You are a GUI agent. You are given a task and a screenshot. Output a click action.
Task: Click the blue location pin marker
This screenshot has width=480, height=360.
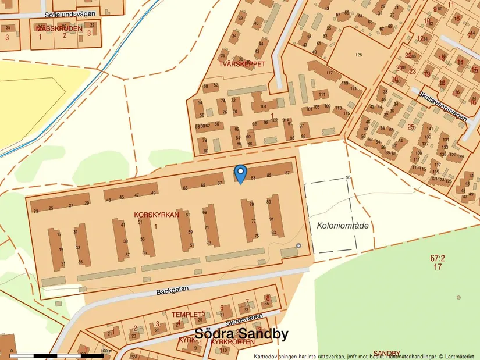click(x=240, y=173)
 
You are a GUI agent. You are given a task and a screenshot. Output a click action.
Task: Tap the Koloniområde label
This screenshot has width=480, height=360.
click(x=343, y=225)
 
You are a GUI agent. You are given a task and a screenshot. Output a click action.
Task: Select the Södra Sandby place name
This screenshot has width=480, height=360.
click(x=241, y=334)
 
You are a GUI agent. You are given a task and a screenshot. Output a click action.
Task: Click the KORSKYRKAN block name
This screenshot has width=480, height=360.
click(x=156, y=215)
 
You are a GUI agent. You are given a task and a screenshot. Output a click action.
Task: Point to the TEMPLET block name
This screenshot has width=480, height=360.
click(x=185, y=314)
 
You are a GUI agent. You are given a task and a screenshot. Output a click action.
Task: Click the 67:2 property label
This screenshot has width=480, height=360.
click(x=438, y=258)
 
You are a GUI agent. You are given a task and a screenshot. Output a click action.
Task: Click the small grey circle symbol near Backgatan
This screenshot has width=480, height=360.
click(x=299, y=246)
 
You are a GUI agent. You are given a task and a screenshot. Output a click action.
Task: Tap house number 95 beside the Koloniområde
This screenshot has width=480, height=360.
click(x=348, y=177)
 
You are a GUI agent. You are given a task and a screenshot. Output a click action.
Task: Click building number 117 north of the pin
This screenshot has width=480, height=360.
click(x=329, y=73)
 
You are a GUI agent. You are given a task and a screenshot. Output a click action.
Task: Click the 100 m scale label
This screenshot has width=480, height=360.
click(x=105, y=351)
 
